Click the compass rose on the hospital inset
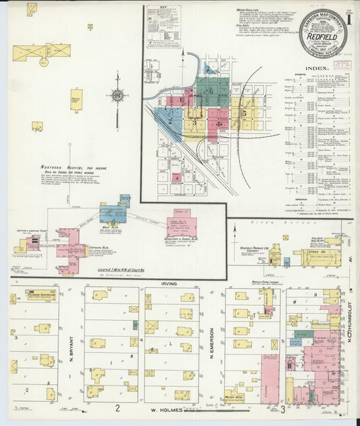pyautogui.click(x=118, y=96)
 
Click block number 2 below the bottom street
pyautogui.click(x=117, y=408)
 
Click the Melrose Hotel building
pyautogui.click(x=234, y=393)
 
